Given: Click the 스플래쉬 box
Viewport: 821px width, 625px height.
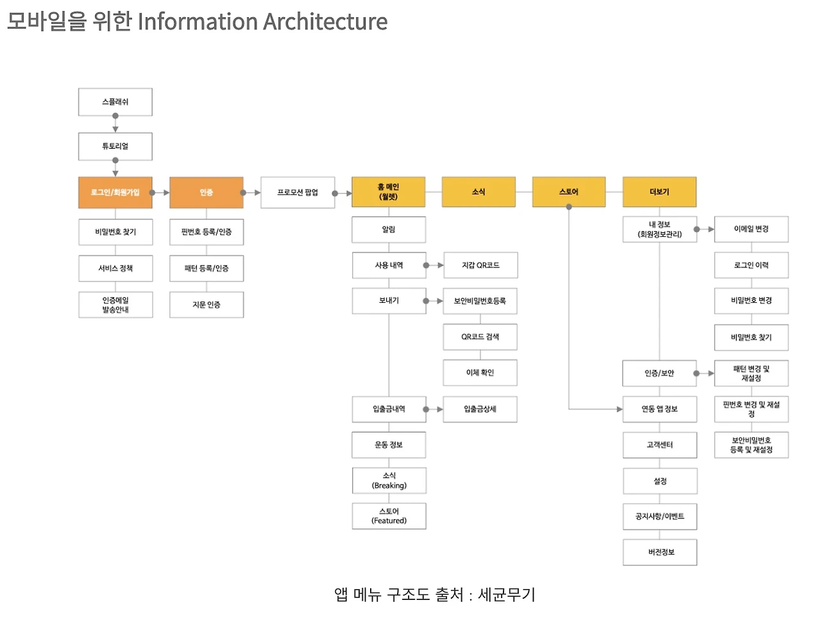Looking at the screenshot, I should click(115, 102).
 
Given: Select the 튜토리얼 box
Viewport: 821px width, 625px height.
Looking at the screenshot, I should click(115, 146).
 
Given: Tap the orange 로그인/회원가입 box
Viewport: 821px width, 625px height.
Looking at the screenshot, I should click(115, 193).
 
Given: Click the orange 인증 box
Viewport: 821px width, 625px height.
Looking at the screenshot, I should click(206, 193).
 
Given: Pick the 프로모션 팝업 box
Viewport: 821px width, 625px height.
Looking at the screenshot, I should click(298, 193).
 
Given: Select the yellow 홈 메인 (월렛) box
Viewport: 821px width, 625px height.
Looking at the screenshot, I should click(388, 192).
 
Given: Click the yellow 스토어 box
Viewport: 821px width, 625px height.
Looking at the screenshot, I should click(569, 192).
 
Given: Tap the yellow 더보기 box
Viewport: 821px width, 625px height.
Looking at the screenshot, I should click(659, 192).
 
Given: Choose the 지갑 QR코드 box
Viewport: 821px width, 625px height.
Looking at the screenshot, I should click(480, 265).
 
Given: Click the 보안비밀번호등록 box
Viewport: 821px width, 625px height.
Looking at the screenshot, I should click(480, 301).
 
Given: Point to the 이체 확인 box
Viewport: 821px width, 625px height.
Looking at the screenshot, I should click(480, 373).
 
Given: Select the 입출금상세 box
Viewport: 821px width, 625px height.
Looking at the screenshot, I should click(480, 409).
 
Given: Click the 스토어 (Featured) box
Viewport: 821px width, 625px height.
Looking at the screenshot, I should click(389, 516).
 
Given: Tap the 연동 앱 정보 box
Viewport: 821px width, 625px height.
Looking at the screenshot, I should click(659, 409).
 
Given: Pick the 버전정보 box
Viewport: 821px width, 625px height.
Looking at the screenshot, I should click(659, 552).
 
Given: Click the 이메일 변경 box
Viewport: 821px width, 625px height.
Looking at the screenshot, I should click(751, 229).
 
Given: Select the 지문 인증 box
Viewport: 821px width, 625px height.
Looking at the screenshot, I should click(206, 305).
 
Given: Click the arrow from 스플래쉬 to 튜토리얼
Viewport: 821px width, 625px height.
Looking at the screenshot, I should click(115, 124).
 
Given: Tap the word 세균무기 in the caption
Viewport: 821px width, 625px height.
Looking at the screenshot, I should click(507, 595).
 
